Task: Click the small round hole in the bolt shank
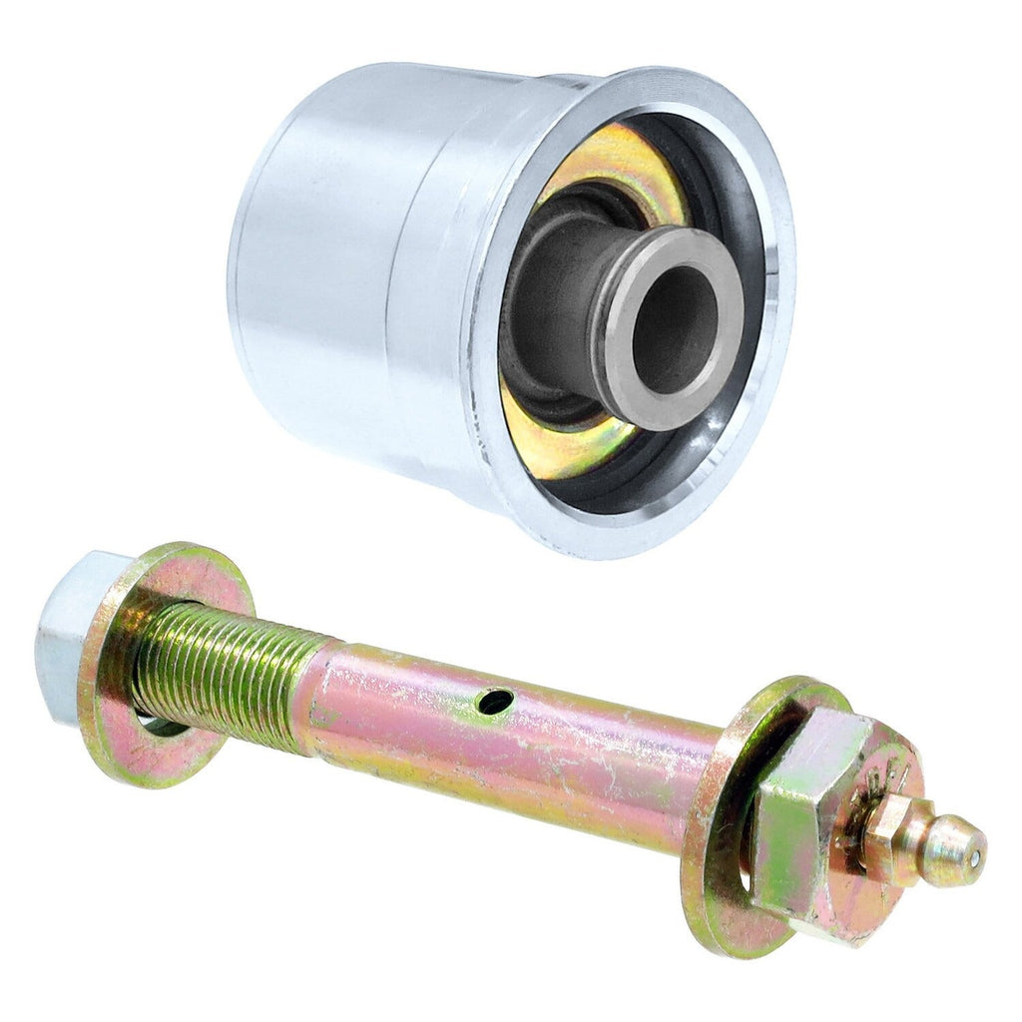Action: coord(495,702)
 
